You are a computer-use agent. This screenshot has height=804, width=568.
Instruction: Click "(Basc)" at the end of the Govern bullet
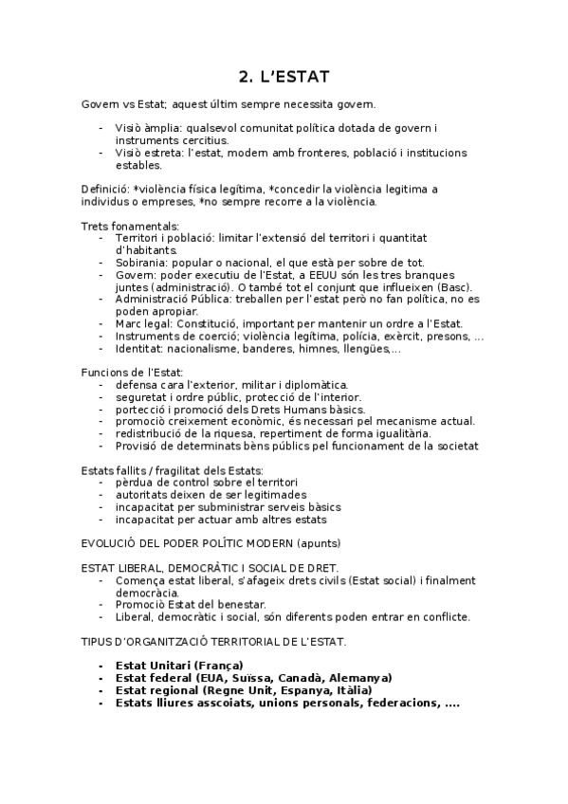452,287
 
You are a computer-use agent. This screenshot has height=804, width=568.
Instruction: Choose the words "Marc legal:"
147,324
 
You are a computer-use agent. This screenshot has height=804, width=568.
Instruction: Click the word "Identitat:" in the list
142,349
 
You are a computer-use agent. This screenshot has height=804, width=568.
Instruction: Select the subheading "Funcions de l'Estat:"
132,373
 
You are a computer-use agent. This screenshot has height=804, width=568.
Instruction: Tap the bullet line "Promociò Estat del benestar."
190,605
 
